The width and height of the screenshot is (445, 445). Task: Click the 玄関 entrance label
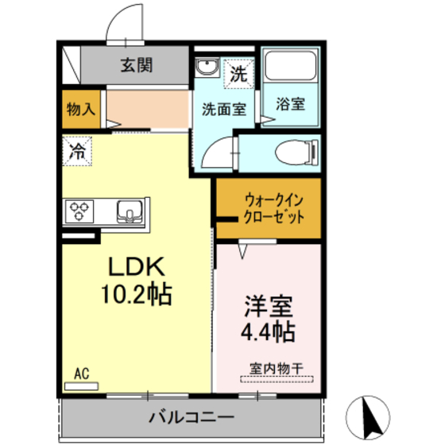pos(137,65)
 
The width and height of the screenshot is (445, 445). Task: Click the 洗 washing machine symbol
pos(238,74)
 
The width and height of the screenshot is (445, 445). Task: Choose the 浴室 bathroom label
pos(291,103)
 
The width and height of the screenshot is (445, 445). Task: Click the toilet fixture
pos(296,150)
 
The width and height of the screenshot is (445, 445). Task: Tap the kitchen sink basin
pos(129,211)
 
